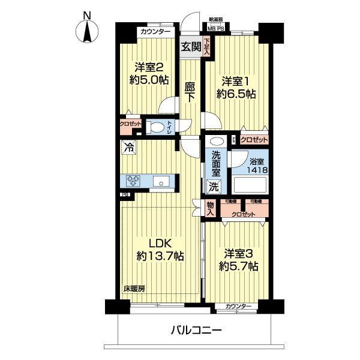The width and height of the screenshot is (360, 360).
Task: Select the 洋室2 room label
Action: tap(148, 67)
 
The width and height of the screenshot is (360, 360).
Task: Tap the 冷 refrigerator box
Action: tap(128, 146)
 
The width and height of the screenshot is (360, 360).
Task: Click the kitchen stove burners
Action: tap(133, 181)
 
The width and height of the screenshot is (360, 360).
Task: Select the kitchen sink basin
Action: tap(162, 182)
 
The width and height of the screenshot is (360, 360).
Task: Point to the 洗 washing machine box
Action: tap(214, 187)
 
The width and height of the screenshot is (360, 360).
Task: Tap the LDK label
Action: tap(160, 244)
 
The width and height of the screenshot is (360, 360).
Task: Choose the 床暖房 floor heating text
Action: tap(134, 288)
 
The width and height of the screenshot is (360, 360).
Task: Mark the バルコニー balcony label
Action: tap(196, 330)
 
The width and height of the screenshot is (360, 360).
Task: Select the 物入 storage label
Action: tap(210, 208)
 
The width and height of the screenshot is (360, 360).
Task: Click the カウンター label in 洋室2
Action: tap(155, 32)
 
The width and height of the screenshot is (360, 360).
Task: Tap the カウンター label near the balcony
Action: tap(238, 307)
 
